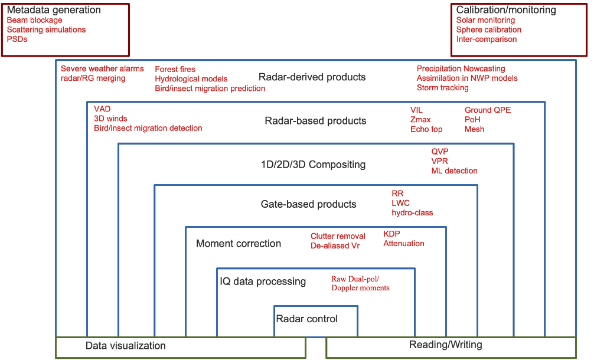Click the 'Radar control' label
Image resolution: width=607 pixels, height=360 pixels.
pos(306,319)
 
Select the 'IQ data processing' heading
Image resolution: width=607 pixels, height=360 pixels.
pos(263,282)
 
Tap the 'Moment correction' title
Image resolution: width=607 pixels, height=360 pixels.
pos(239,243)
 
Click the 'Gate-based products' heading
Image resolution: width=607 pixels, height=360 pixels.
pos(308,204)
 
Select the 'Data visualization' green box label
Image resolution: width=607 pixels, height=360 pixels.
pos(125,346)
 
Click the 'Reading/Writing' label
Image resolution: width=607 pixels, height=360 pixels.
pos(445,345)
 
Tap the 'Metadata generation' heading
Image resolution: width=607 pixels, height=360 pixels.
pos(53,10)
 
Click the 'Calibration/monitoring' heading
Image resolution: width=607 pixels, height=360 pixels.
pos(506,10)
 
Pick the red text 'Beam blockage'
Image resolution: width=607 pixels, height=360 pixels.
pos(34,20)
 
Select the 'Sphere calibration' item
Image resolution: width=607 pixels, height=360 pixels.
pos(488,30)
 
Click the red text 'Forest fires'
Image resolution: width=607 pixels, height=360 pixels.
pos(175,69)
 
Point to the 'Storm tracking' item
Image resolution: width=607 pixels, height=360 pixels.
pos(442,88)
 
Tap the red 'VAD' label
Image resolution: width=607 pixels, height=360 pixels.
pos(102,109)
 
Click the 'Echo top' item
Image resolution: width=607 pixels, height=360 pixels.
pos(426,129)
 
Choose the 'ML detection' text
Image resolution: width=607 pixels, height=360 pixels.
pos(453,171)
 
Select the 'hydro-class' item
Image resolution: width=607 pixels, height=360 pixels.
pos(412,212)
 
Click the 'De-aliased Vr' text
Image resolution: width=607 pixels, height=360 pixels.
pos(335,246)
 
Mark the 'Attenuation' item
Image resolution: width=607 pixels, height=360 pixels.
pos(403,243)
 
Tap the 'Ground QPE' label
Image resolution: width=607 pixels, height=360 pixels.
pos(487,110)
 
